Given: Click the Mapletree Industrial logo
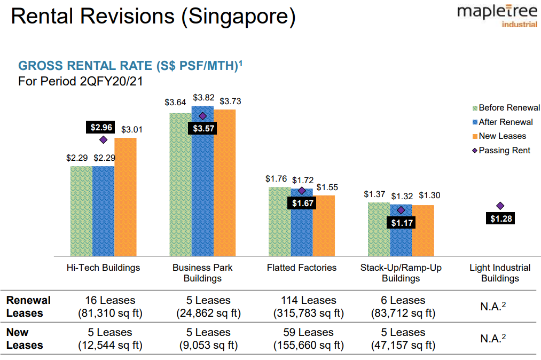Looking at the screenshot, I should pos(497,17).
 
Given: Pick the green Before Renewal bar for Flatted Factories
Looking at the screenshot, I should pos(279,222).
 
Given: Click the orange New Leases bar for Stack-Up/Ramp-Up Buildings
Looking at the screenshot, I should pos(423,230).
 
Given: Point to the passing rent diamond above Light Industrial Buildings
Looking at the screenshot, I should pos(500,206).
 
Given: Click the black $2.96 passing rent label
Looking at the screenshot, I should pos(101,128).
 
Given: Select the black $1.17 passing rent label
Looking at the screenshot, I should pos(402,223).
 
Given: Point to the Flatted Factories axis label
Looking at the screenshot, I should pos(302,268).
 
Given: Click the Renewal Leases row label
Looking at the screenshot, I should pos(28,307).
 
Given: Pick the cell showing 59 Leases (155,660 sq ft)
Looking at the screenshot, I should pos(308,339).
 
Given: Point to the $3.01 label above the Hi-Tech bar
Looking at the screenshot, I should pos(131,130).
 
